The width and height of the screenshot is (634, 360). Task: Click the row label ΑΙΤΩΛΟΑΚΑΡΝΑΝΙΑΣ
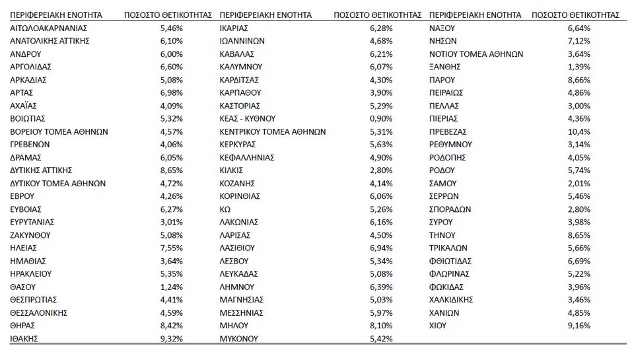pyautogui.click(x=49, y=28)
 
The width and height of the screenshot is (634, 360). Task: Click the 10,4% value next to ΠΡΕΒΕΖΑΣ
pyautogui.click(x=579, y=131)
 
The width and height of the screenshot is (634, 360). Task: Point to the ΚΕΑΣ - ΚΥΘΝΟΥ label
pyautogui.click(x=247, y=118)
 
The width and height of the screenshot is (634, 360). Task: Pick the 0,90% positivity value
pyautogui.click(x=381, y=118)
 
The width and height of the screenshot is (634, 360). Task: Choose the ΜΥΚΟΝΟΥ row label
pyautogui.click(x=239, y=338)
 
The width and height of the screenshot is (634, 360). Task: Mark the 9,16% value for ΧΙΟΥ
pyautogui.click(x=579, y=325)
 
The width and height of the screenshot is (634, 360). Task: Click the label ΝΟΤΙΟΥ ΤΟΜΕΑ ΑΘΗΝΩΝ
pyautogui.click(x=475, y=54)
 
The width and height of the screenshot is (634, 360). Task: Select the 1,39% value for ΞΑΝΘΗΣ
pyautogui.click(x=579, y=67)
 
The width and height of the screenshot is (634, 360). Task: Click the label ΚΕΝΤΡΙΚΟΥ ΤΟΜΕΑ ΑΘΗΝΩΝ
pyautogui.click(x=272, y=131)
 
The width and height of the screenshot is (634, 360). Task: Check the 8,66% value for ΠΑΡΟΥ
pyautogui.click(x=579, y=79)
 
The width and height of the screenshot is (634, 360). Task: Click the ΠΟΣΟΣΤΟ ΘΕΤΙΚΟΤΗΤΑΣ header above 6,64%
pyautogui.click(x=575, y=15)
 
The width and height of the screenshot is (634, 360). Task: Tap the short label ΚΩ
pyautogui.click(x=225, y=209)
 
